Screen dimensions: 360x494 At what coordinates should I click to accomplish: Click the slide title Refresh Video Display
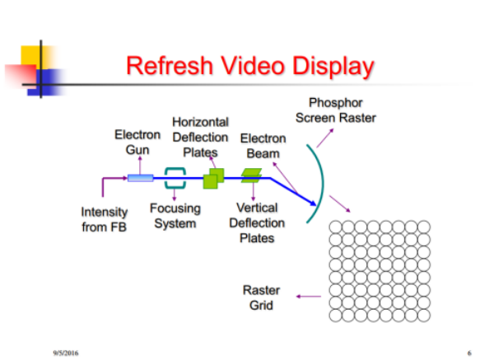[x=249, y=66]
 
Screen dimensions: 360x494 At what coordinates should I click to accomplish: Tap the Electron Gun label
[x=137, y=142]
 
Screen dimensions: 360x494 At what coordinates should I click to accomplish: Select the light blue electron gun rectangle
[x=140, y=177]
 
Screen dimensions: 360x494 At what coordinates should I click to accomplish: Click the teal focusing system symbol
[x=175, y=176]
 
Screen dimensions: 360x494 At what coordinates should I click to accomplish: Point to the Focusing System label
[x=175, y=216]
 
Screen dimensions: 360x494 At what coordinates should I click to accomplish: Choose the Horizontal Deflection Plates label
[x=200, y=137]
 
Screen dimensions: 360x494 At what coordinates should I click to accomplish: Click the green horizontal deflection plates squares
[x=213, y=177]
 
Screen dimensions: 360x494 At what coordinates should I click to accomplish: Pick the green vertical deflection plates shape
[x=250, y=175]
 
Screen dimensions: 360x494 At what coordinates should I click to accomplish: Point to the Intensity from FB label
[x=105, y=219]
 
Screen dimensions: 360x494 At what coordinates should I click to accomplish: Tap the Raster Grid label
[x=261, y=297]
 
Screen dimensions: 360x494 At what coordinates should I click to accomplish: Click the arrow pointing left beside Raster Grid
[x=309, y=297]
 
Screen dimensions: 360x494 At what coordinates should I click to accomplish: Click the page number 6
[x=468, y=353]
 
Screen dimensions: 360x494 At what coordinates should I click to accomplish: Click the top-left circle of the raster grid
[x=336, y=227]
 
